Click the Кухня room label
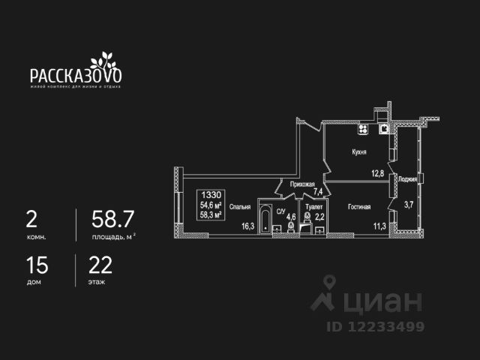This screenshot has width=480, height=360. pyautogui.click(x=358, y=151)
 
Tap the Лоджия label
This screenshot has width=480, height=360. pyautogui.click(x=408, y=178)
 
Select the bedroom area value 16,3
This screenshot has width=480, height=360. pyautogui.click(x=247, y=223)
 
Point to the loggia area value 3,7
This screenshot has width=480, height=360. pyautogui.click(x=409, y=203)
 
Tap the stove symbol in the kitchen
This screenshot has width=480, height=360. pyautogui.click(x=363, y=129)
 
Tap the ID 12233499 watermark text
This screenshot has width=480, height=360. pyautogui.click(x=375, y=327)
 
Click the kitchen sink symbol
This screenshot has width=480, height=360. pyautogui.click(x=383, y=128)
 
